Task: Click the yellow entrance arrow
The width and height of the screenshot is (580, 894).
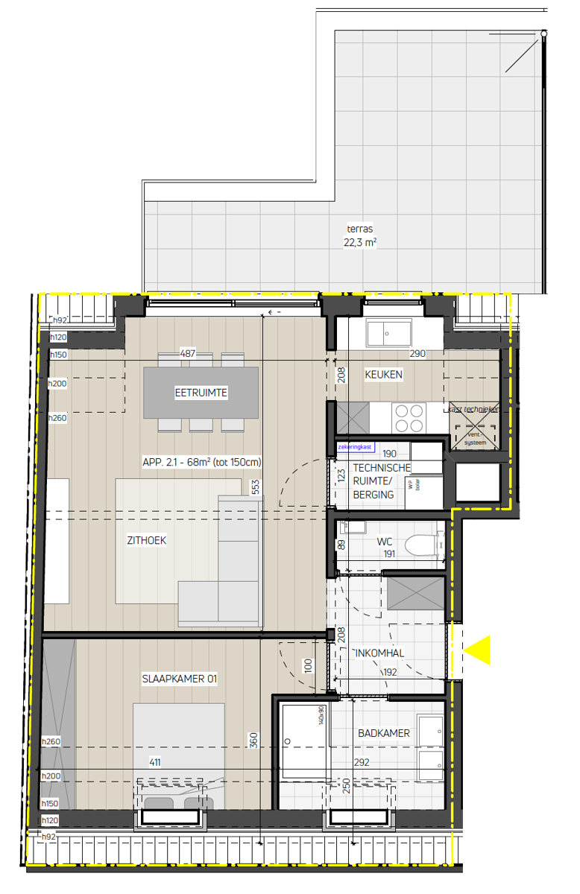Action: pyautogui.click(x=480, y=650)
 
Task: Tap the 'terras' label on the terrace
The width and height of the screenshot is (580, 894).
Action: pyautogui.click(x=359, y=229)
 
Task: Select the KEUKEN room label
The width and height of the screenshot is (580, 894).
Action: pyautogui.click(x=384, y=375)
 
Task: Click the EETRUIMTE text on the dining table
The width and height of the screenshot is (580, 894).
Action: pyautogui.click(x=201, y=393)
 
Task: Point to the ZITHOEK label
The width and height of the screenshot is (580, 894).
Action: pyautogui.click(x=147, y=541)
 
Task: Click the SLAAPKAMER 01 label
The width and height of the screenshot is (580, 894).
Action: pyautogui.click(x=180, y=679)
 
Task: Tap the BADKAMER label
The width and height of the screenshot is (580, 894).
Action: pyautogui.click(x=383, y=733)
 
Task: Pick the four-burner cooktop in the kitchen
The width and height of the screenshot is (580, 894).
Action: pyautogui.click(x=409, y=417)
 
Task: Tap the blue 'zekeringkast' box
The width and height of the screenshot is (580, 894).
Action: pyautogui.click(x=355, y=447)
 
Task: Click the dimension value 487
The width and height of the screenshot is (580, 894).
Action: pyautogui.click(x=187, y=354)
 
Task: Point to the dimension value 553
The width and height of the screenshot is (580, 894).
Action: pyautogui.click(x=256, y=487)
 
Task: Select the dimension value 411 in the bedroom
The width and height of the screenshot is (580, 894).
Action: pyautogui.click(x=155, y=762)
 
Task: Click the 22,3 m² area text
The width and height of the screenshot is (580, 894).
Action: pyautogui.click(x=359, y=243)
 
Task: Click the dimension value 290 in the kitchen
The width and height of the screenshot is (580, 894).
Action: pyautogui.click(x=417, y=354)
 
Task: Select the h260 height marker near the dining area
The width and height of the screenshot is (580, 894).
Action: pyautogui.click(x=58, y=418)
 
